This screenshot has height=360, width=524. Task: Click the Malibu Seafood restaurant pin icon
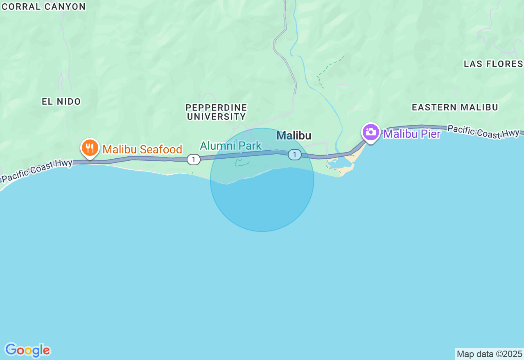pyautogui.click(x=90, y=148)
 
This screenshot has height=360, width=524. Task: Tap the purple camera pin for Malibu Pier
pyautogui.click(x=370, y=132)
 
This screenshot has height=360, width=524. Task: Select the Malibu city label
pyautogui.click(x=294, y=136)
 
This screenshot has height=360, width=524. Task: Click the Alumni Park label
pyautogui.click(x=230, y=146)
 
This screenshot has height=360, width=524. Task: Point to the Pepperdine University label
pyautogui.click(x=216, y=112)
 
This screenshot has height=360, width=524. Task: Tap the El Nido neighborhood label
pyautogui.click(x=61, y=101)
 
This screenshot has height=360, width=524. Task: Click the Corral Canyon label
pyautogui.click(x=43, y=7)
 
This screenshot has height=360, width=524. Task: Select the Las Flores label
pyautogui.click(x=493, y=64)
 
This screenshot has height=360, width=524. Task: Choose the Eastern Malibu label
pyautogui.click(x=455, y=107)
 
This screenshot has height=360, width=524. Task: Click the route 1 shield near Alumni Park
pyautogui.click(x=194, y=160)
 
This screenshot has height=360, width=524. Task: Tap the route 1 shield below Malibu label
pyautogui.click(x=294, y=155)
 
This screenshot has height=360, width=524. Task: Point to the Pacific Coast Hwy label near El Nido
pyautogui.click(x=37, y=171)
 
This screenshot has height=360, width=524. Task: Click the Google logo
pyautogui.click(x=27, y=350)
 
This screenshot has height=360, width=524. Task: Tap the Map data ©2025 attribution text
pyautogui.click(x=489, y=354)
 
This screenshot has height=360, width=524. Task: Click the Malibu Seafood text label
pyautogui.click(x=142, y=150)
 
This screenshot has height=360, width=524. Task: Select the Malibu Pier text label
pyautogui.click(x=412, y=134)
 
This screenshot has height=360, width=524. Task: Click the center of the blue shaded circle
pyautogui.click(x=262, y=180)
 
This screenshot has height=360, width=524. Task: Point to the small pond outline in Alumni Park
pyautogui.click(x=242, y=163)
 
